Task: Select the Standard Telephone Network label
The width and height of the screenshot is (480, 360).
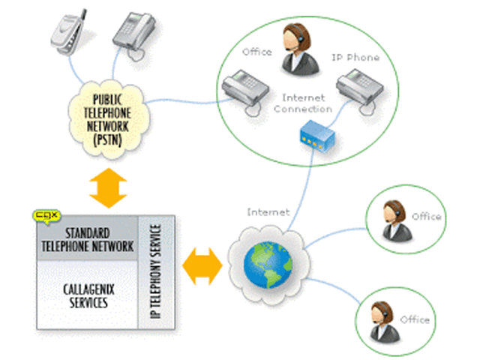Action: click(x=88, y=239)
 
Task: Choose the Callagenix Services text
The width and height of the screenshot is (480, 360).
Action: click(x=84, y=298)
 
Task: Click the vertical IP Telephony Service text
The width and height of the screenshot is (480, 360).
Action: click(x=156, y=271)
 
